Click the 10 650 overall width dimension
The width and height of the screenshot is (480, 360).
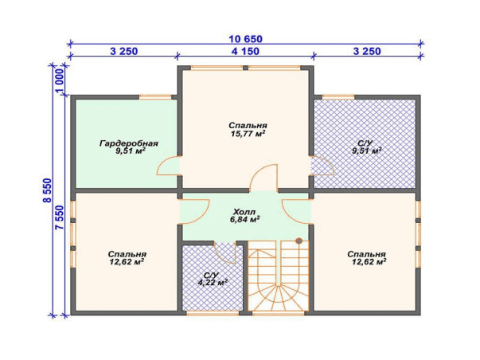click(x=245, y=39)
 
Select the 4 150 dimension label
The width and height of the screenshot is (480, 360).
click(x=245, y=51)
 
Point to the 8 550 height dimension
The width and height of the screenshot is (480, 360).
click(x=48, y=190)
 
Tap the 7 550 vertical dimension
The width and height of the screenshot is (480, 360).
click(x=60, y=217)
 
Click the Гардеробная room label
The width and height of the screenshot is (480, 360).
click(x=129, y=143)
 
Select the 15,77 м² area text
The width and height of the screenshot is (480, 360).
click(x=248, y=133)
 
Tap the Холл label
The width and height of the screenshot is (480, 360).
click(x=244, y=212)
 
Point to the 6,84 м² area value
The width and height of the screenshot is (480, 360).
click(x=244, y=219)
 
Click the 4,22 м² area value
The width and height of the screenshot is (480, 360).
click(x=213, y=283)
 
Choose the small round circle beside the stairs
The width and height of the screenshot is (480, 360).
click(x=299, y=241)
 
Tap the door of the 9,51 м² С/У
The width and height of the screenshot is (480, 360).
click(x=322, y=166)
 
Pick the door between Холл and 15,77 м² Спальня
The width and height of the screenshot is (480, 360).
click(x=263, y=178)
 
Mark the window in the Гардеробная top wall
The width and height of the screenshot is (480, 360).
click(x=155, y=97)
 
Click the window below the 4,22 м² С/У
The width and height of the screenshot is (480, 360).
click(x=213, y=313)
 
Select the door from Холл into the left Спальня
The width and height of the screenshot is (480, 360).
click(x=193, y=212)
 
